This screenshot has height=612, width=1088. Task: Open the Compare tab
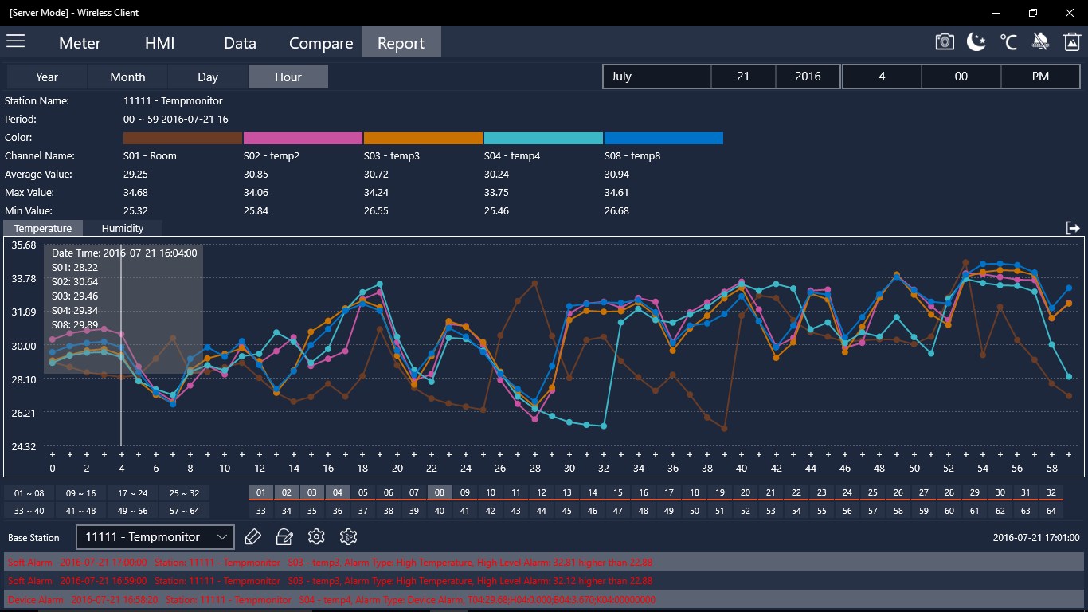click(x=321, y=43)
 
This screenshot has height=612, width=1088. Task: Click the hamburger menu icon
click(x=16, y=41)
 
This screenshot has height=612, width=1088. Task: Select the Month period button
click(x=127, y=76)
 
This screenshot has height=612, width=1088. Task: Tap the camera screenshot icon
click(x=945, y=42)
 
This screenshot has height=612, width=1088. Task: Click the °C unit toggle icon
click(x=1008, y=42)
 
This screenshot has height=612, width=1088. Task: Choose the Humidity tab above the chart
click(x=123, y=228)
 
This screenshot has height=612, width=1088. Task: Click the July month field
click(x=656, y=76)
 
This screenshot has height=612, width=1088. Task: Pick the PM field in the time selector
click(x=1040, y=76)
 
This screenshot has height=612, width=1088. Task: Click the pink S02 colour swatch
click(x=303, y=138)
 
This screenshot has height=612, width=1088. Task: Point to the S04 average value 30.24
click(x=497, y=174)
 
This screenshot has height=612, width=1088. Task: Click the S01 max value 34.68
click(x=136, y=192)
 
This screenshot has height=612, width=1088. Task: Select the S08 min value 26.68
click(x=616, y=210)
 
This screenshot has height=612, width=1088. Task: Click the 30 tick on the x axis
click(x=569, y=469)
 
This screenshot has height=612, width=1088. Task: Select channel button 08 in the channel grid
click(x=440, y=492)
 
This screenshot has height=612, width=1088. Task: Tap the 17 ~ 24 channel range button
click(x=133, y=492)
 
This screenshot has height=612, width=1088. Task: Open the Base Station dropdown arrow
click(x=222, y=537)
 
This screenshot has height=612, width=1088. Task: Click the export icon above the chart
click(x=1073, y=228)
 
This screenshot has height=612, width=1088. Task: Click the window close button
click(x=1069, y=13)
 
